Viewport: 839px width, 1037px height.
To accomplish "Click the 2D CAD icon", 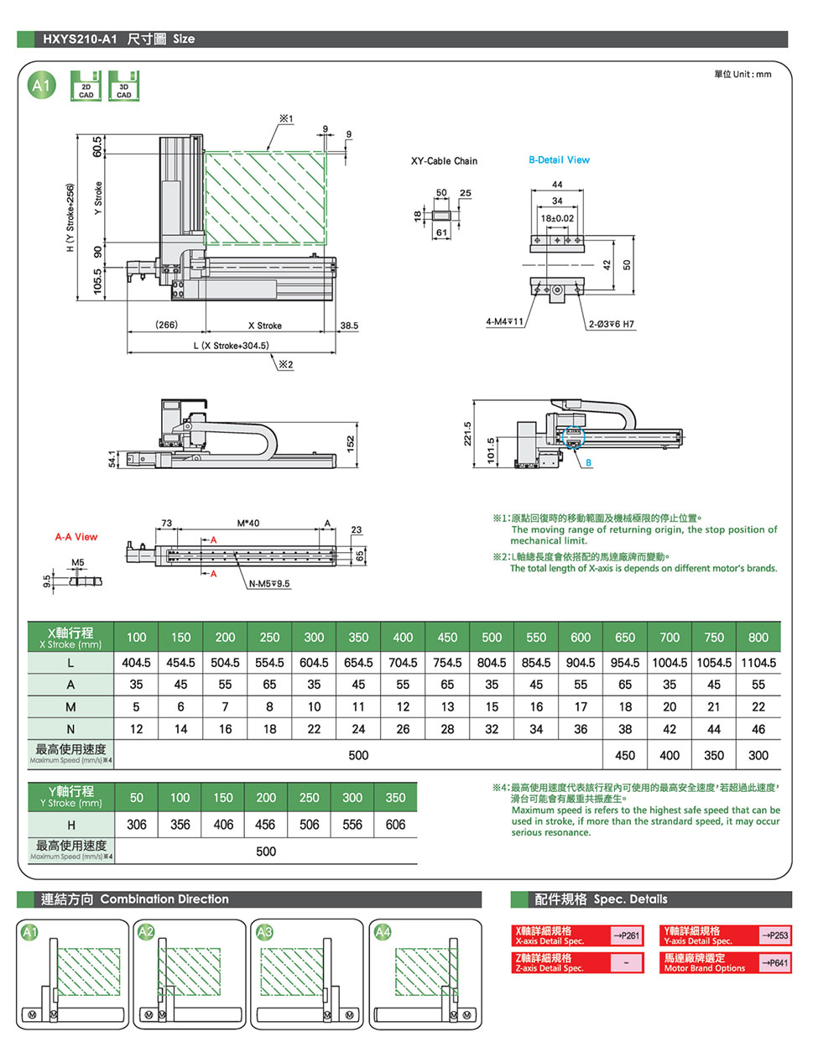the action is [x=86, y=86].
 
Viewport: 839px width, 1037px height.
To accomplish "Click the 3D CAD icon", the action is [x=123, y=86].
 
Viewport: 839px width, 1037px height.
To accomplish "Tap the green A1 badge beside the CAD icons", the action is [x=41, y=86].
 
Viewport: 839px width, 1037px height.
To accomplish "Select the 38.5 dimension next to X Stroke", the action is [x=349, y=325].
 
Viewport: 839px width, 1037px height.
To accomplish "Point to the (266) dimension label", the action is [x=166, y=324].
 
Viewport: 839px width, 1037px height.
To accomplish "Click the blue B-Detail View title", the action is [x=559, y=159].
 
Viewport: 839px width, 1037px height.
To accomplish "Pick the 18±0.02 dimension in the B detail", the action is [x=557, y=218].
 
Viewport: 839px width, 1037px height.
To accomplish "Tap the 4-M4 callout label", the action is [x=504, y=321].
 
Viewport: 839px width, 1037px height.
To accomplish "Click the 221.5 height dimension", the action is [x=467, y=433].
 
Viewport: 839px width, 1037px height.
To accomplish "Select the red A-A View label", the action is [x=76, y=536].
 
